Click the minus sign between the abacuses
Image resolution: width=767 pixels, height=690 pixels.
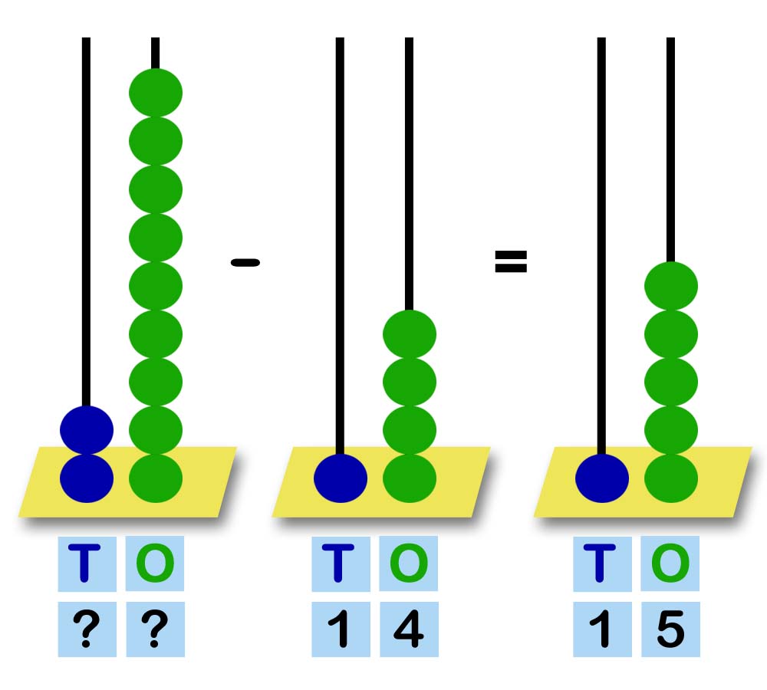pyautogui.click(x=245, y=263)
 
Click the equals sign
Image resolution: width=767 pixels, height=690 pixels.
pyautogui.click(x=511, y=262)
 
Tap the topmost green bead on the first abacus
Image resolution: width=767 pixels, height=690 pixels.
pyautogui.click(x=156, y=93)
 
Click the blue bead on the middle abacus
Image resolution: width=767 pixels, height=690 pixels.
pyautogui.click(x=341, y=478)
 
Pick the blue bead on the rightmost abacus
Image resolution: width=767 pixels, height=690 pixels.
pyautogui.click(x=602, y=478)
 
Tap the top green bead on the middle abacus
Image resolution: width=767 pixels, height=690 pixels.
pyautogui.click(x=410, y=334)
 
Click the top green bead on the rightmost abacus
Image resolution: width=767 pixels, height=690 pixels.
pyautogui.click(x=671, y=286)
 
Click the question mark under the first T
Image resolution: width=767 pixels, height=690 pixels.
pyautogui.click(x=87, y=630)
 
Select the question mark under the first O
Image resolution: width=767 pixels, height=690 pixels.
pyautogui.click(x=155, y=630)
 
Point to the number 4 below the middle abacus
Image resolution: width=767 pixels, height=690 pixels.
pyautogui.click(x=409, y=630)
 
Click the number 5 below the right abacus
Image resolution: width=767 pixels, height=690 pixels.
pyautogui.click(x=670, y=630)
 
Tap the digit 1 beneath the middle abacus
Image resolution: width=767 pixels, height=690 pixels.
pyautogui.click(x=341, y=630)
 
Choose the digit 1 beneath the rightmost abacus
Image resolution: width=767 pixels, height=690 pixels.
pyautogui.click(x=602, y=630)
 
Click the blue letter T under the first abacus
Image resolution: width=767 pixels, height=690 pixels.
pyautogui.click(x=87, y=563)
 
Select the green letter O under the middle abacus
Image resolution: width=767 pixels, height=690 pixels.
pyautogui.click(x=409, y=563)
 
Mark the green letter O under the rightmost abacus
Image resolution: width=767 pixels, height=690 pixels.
pyautogui.click(x=670, y=563)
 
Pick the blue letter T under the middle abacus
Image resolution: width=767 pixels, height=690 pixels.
pyautogui.click(x=341, y=563)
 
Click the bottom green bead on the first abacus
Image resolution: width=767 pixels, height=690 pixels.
pyautogui.click(x=156, y=478)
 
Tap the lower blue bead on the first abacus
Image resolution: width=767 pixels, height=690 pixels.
pyautogui.click(x=87, y=478)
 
